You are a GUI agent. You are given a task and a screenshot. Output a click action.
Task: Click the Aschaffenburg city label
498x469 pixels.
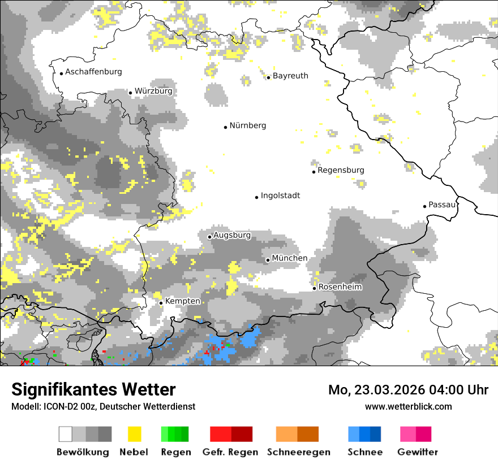point(93,72)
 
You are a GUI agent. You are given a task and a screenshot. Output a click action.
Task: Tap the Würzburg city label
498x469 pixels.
point(153,91)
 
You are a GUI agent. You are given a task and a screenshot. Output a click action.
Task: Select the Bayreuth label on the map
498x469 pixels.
point(290,76)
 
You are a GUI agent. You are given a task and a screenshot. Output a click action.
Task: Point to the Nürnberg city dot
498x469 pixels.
point(225,127)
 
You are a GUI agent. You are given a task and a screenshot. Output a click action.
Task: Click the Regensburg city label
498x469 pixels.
point(341,170)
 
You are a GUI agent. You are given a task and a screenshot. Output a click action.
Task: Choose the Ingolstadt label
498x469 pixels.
point(280,196)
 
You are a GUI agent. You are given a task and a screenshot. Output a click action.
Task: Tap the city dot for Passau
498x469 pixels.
point(424,206)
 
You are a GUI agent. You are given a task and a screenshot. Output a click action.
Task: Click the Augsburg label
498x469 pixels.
point(232,235)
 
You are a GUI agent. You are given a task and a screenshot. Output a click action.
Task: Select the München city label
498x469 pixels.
point(290,258)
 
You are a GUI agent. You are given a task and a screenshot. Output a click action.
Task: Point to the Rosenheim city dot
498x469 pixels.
point(314,289)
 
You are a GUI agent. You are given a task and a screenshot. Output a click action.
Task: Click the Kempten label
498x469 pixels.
point(182,301)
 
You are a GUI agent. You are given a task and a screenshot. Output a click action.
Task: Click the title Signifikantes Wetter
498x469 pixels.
point(93,389)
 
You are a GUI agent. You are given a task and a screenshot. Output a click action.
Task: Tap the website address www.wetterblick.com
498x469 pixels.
point(408,406)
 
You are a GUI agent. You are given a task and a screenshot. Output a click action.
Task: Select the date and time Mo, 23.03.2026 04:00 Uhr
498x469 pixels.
point(408,390)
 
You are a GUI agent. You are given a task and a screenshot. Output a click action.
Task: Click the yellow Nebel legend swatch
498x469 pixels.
point(134,434)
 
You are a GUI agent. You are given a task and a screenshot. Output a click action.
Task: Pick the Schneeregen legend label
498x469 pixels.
point(299,452)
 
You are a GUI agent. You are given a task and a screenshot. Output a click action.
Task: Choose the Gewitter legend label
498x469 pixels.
point(417,452)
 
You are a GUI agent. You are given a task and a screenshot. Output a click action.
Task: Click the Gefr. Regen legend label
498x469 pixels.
point(230,452)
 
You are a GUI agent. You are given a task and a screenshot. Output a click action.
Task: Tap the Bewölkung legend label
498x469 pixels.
point(83,452)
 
